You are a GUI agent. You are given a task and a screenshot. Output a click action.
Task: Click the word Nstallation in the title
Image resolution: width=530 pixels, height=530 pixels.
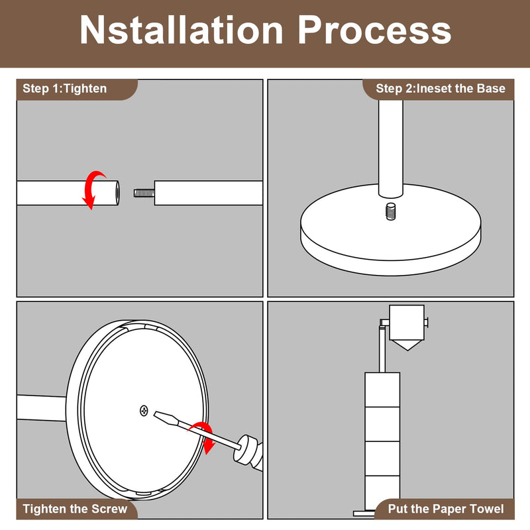pyautogui.click(x=181, y=30)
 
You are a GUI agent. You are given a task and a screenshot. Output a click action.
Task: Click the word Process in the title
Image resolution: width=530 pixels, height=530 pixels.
pyautogui.click(x=374, y=30)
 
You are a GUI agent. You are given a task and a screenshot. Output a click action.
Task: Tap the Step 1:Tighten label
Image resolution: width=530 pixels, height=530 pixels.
pyautogui.click(x=64, y=89)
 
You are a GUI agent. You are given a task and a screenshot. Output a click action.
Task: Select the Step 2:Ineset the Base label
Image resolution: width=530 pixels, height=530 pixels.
pyautogui.click(x=441, y=89)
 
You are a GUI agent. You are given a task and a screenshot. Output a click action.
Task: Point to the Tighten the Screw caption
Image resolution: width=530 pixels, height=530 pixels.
pyautogui.click(x=75, y=509)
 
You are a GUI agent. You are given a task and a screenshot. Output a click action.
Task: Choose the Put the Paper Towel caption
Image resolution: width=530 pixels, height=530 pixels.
pyautogui.click(x=445, y=509)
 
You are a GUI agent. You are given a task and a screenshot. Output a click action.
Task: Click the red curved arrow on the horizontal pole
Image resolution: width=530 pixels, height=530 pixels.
pyautogui.click(x=93, y=189)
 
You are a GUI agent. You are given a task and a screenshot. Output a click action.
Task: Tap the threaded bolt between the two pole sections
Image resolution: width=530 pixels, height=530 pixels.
pyautogui.click(x=144, y=193)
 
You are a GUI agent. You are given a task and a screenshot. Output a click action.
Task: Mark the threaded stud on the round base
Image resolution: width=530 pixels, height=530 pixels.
pyautogui.click(x=390, y=211)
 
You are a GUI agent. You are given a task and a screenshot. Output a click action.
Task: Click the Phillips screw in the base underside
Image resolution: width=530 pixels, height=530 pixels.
pyautogui.click(x=144, y=411)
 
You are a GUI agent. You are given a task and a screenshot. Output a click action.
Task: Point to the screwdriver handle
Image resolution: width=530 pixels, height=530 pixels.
pyautogui.click(x=248, y=454)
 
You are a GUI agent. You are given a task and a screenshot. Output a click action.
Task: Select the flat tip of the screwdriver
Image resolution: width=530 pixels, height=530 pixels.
pyautogui.click(x=166, y=419)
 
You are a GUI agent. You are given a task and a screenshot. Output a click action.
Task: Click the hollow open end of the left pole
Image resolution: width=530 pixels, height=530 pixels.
pyautogui.click(x=117, y=193)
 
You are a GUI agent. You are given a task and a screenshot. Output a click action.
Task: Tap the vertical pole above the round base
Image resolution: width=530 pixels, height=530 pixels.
pyautogui.click(x=390, y=148)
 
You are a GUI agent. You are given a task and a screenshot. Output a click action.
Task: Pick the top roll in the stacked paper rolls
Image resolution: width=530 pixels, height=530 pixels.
pyautogui.click(x=382, y=390)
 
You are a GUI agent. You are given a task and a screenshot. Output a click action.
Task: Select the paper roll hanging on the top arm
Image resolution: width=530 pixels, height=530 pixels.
pyautogui.click(x=407, y=323)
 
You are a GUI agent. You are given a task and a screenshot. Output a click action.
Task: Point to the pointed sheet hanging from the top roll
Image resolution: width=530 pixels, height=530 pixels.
pyautogui.click(x=407, y=345)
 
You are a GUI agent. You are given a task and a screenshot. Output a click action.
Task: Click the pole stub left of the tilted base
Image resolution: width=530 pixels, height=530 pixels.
pyautogui.click(x=41, y=407)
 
